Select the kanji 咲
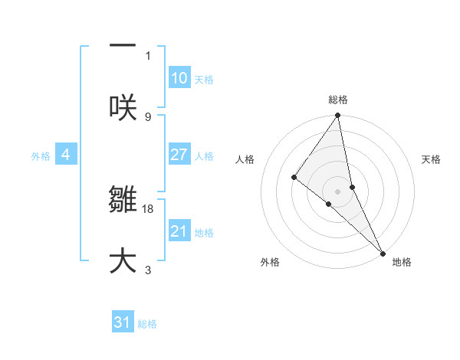[123, 107]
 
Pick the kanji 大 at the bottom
[123, 261]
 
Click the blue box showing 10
[179, 78]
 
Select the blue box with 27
[179, 155]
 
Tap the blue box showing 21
[179, 231]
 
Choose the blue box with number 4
[66, 155]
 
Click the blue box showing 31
[123, 322]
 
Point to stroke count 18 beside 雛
[148, 208]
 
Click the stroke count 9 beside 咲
[148, 116]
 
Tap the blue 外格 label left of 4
[41, 156]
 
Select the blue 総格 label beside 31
[147, 324]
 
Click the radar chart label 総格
[338, 100]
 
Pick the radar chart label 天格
[431, 159]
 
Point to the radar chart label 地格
[402, 262]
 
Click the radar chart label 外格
[270, 262]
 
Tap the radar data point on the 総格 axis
[337, 116]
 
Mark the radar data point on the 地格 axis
[383, 252]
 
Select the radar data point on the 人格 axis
[294, 177]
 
